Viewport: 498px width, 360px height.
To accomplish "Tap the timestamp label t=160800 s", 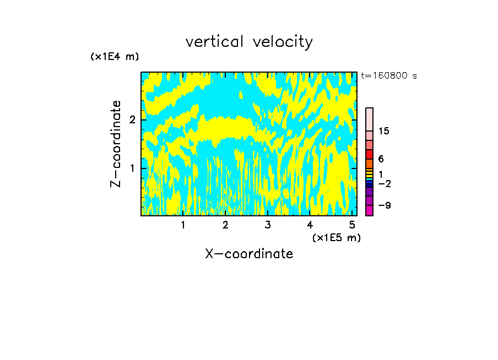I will [x=388, y=75].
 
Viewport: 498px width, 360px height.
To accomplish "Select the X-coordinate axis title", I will [x=249, y=254].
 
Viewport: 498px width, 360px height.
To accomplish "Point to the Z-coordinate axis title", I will [x=116, y=144].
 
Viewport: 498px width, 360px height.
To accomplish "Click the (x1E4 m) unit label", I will [x=115, y=57].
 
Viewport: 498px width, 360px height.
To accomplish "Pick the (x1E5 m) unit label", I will [x=336, y=237].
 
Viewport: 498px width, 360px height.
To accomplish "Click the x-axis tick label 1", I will [x=183, y=225].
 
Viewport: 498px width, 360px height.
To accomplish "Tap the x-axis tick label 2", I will [x=225, y=225].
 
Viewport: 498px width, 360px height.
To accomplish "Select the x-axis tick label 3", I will [x=268, y=225].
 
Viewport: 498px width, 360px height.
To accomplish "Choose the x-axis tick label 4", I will [x=310, y=225].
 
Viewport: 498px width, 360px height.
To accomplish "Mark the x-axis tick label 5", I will [x=352, y=225].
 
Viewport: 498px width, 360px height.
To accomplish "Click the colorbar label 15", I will [x=384, y=131].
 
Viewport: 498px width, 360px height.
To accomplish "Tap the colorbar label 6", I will [x=381, y=159].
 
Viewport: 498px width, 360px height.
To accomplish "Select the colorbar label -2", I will [x=385, y=184].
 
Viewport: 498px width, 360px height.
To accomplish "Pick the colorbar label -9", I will [x=385, y=205].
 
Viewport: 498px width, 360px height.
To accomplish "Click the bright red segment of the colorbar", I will [x=369, y=154].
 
